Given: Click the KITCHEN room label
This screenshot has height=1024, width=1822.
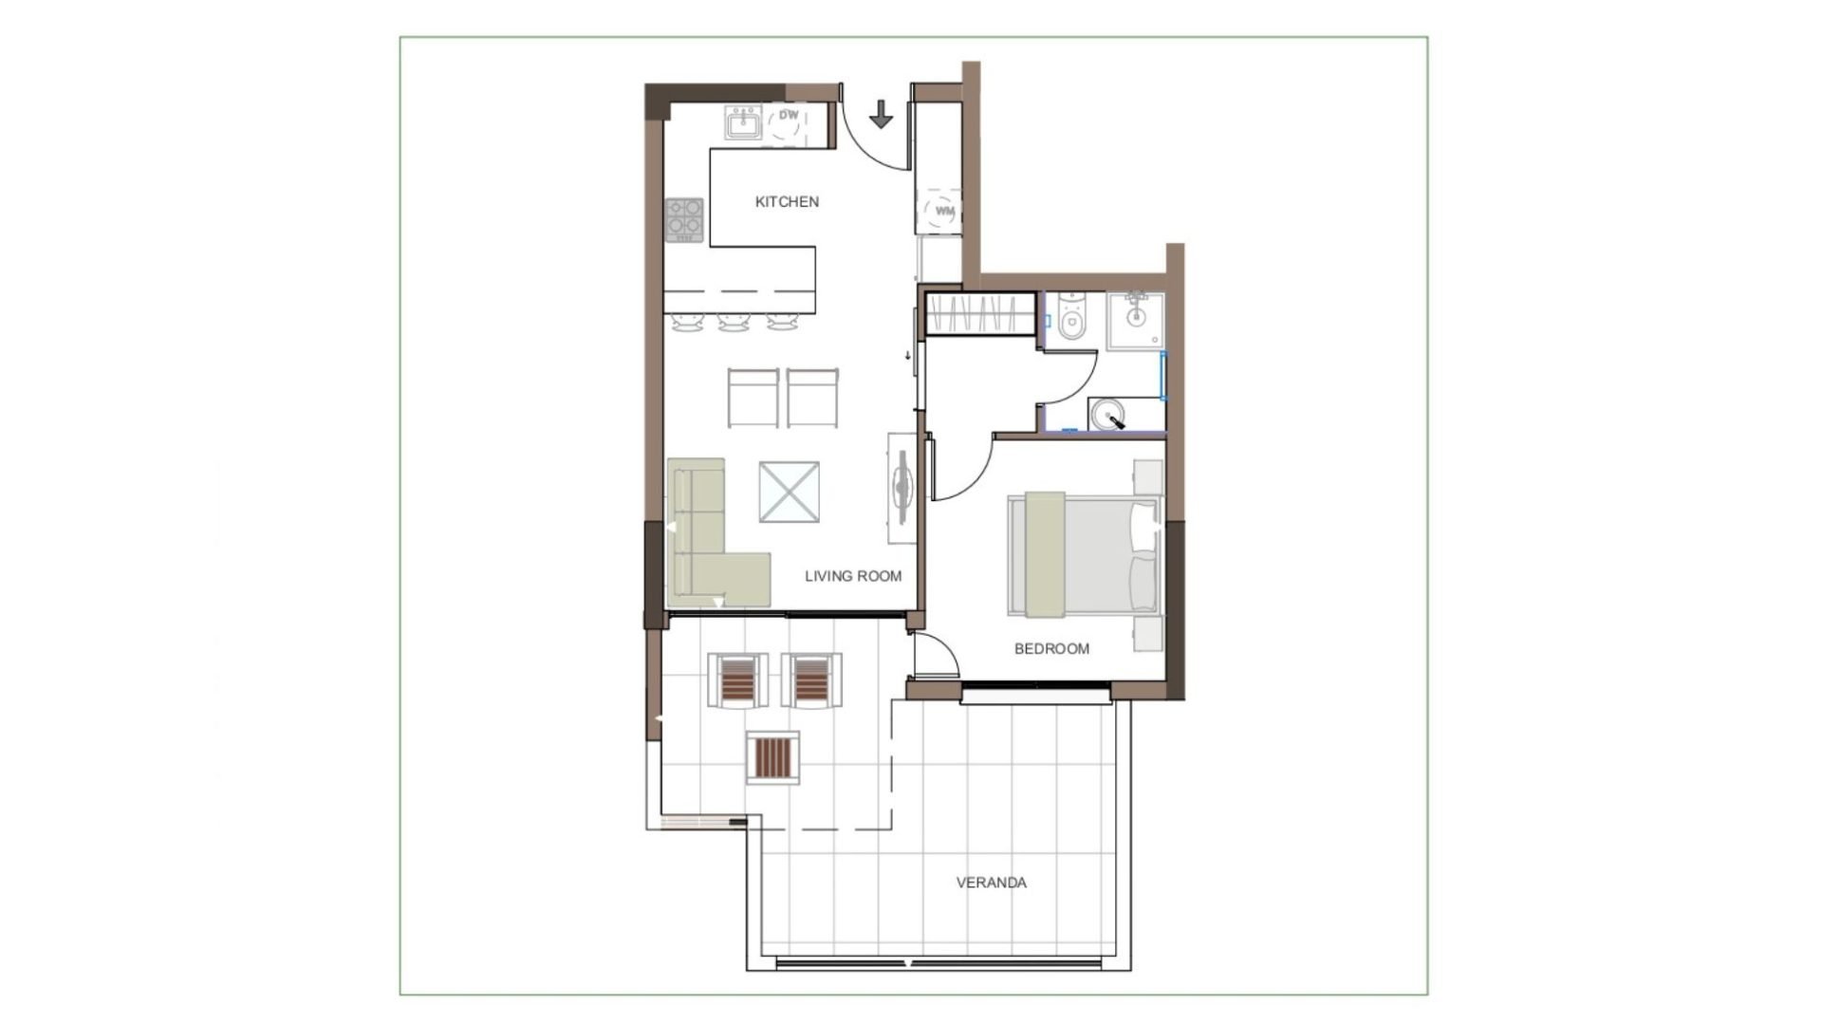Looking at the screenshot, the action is click(x=787, y=201).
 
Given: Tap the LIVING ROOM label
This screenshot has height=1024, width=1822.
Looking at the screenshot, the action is click(x=853, y=576).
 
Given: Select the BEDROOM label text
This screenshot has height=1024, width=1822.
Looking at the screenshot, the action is click(x=1051, y=649).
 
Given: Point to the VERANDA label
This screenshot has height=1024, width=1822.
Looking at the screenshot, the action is click(x=991, y=883).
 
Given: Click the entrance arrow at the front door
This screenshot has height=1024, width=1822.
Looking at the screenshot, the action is click(x=882, y=114).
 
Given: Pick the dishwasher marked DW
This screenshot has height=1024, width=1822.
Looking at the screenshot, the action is click(x=788, y=123).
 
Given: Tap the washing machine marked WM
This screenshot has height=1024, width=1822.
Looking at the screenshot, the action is click(x=944, y=211).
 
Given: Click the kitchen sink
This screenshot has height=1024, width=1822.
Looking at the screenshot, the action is click(x=743, y=122).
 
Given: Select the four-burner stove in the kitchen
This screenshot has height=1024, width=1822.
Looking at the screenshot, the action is click(x=684, y=219).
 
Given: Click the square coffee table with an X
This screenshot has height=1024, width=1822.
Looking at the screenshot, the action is click(x=789, y=492).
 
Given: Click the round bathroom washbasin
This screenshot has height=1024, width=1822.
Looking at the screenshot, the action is click(x=1107, y=415).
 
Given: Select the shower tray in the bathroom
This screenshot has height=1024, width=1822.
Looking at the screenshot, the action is click(x=1135, y=321).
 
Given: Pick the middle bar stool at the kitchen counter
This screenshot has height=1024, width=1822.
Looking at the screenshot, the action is click(x=734, y=323).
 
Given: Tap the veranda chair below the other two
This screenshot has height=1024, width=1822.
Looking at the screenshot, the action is click(x=772, y=757).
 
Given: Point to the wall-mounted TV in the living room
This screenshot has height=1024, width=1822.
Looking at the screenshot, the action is click(x=902, y=488).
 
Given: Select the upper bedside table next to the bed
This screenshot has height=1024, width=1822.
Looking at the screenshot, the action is click(x=1148, y=477).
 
